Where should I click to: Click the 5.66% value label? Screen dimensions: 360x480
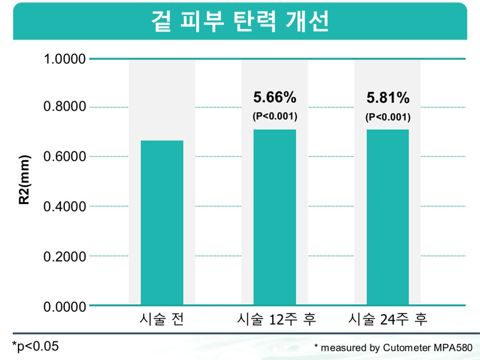tap(274, 97)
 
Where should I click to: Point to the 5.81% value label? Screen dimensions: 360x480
tap(388, 97)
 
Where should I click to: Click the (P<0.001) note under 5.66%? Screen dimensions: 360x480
tap(274, 117)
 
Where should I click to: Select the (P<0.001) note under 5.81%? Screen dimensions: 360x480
tap(388, 117)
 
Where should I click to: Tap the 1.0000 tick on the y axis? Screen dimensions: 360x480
tap(65, 60)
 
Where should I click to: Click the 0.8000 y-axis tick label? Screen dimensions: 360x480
tap(65, 108)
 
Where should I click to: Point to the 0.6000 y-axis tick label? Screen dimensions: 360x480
tap(65, 157)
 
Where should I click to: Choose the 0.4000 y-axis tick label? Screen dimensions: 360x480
tap(65, 206)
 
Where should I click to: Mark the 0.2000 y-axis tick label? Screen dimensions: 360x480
tap(65, 256)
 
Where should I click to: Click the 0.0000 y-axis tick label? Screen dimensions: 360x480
tap(65, 307)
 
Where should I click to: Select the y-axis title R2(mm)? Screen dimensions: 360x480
tap(25, 180)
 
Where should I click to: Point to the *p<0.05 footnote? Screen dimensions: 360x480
tap(35, 346)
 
